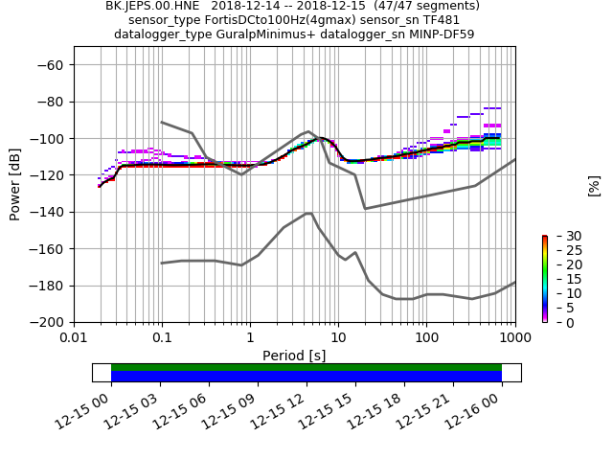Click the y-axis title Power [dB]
coord(15,184)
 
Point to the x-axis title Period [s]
coord(294,356)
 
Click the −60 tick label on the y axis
coord(51,65)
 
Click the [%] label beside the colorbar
coord(594,185)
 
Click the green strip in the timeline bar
coord(306,367)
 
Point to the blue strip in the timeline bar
coord(306,377)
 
